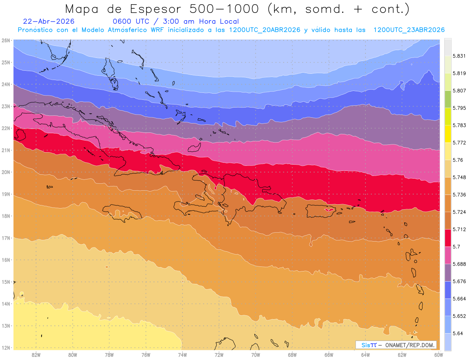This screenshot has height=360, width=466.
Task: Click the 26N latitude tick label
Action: point(6,40)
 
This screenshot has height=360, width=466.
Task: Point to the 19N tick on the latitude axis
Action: point(6,194)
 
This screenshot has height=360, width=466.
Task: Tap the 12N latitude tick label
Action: point(6,348)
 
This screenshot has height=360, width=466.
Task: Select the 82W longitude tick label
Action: point(36,355)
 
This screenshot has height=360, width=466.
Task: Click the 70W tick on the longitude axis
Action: point(256,355)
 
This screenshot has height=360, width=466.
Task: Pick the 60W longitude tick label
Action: point(438,355)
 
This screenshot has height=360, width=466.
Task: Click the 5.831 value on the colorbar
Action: point(459,56)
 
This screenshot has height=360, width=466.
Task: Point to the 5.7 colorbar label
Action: point(456,247)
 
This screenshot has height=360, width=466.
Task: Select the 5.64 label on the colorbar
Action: point(457,333)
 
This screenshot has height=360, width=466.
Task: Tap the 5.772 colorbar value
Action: point(459,143)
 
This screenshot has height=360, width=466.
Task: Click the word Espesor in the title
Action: point(155,9)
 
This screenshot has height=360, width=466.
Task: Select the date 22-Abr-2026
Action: point(49,21)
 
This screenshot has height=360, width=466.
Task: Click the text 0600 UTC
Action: point(131,21)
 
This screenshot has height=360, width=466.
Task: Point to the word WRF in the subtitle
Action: point(157,30)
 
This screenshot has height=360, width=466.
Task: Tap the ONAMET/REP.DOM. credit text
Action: point(410,345)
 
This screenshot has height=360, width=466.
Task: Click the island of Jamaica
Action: point(122,212)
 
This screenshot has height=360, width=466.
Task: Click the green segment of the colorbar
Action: point(448,99)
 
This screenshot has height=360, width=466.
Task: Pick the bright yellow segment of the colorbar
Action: point(448,134)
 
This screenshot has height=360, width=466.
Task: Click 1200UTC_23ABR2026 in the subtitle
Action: point(409,30)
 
